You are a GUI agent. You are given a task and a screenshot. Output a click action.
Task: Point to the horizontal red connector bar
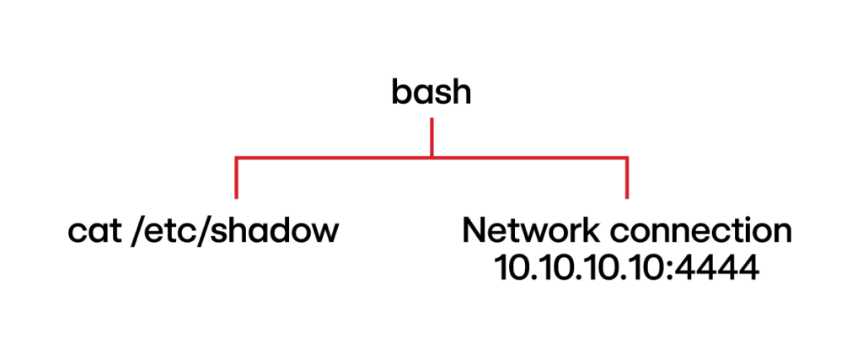337,157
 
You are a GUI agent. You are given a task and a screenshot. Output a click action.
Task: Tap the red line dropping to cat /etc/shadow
236,179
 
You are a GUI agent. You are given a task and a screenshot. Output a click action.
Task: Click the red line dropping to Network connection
627,179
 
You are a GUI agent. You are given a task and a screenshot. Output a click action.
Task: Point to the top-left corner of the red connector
236,157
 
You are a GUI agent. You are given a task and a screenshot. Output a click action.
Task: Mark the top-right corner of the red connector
627,157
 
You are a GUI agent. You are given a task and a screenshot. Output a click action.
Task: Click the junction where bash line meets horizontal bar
431,157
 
